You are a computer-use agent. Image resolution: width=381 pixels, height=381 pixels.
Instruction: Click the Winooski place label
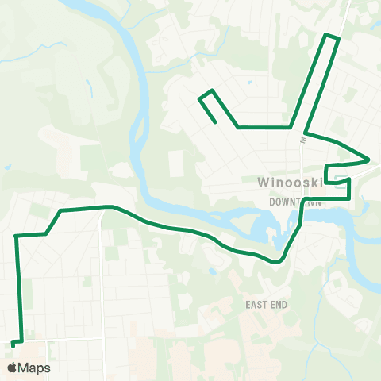point(288,183)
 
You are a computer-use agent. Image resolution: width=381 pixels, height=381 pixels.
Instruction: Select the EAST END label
point(266,305)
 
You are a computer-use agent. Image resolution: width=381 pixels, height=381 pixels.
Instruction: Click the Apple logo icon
point(13,368)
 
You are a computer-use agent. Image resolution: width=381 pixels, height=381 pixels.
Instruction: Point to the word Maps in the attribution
point(34,368)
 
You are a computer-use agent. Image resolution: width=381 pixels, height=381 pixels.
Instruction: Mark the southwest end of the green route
point(13,343)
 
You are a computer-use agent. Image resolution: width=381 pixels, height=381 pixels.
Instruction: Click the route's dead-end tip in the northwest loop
point(215,122)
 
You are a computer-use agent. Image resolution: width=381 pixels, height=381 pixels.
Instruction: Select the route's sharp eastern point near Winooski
point(368,159)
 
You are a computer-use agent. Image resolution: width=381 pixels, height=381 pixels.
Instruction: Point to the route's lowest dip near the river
point(276,260)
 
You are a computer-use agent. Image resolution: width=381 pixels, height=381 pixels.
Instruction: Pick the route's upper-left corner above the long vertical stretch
point(16,235)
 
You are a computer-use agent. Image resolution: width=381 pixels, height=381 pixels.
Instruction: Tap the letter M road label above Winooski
point(302,140)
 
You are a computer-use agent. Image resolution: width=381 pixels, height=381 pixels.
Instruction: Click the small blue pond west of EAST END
point(213,272)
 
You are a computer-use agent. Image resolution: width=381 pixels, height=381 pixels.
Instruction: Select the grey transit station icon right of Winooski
point(338,178)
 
